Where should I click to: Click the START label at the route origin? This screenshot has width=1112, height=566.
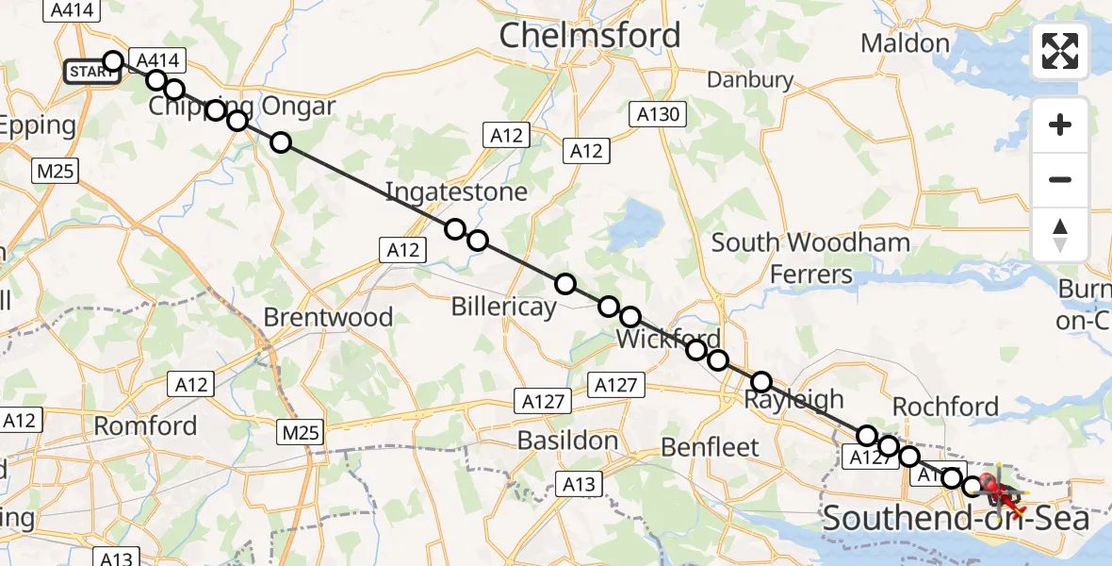[91, 73]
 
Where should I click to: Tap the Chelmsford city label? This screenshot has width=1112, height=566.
[590, 36]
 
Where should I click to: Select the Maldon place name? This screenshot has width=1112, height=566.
[905, 43]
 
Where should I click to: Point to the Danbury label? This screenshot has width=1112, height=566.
[750, 80]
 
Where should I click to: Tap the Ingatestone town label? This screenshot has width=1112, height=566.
[456, 193]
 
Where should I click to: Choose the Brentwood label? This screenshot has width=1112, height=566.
[328, 317]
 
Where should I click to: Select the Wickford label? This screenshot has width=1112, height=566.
[669, 340]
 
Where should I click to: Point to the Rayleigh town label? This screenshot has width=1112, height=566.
[793, 399]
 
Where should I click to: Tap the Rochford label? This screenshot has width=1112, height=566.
[944, 407]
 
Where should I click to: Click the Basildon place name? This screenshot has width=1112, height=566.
[567, 441]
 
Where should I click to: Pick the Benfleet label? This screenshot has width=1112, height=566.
[711, 446]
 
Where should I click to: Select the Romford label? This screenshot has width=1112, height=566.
[146, 426]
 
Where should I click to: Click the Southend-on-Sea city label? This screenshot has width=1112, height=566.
[957, 519]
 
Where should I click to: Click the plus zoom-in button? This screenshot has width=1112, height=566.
[1060, 125]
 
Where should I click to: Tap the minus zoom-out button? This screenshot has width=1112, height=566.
[1060, 180]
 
